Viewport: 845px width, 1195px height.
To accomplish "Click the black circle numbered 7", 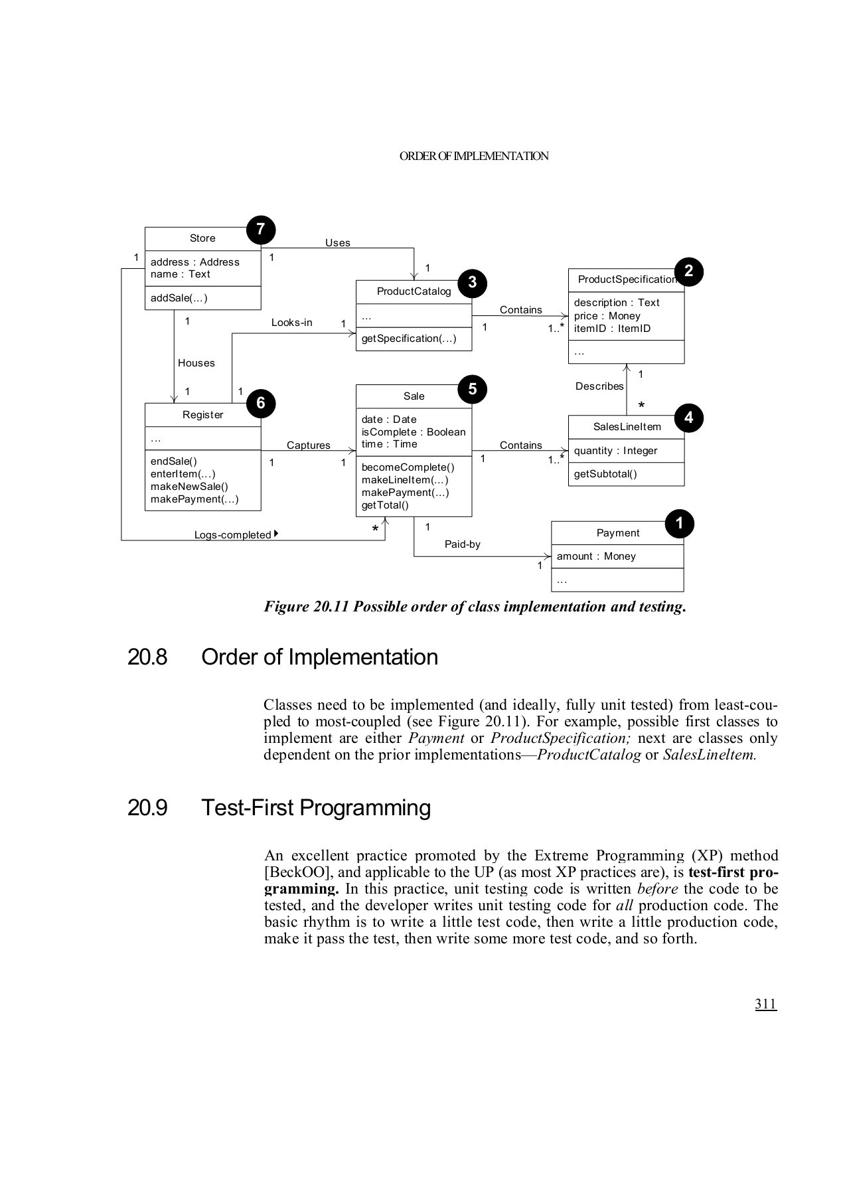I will coord(261,230).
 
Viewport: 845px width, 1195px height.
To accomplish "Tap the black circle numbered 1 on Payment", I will coord(679,523).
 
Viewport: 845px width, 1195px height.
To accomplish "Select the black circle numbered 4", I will coord(688,418).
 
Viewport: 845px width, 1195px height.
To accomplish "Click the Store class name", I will coord(202,238).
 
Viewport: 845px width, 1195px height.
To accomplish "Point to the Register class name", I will coord(202,415).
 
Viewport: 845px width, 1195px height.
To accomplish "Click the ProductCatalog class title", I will coord(414,291).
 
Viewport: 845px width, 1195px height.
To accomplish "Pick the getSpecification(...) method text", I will coord(409,339).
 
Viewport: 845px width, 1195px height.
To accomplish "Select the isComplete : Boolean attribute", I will coord(414,432).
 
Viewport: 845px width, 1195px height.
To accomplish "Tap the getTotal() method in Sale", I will coord(385,505).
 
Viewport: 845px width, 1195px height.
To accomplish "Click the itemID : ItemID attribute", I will coord(612,329).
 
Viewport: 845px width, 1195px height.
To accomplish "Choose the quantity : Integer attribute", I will coord(615,451).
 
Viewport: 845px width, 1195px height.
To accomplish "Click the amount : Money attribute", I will coord(596,556).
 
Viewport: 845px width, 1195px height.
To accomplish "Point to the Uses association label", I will coord(337,243).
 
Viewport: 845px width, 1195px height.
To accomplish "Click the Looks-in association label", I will coord(291,323).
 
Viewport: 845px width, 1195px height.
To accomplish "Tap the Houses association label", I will coord(196,363).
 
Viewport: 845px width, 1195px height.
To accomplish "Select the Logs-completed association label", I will coord(233,535).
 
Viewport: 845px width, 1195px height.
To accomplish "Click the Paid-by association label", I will coord(462,544).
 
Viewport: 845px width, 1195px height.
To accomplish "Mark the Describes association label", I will coord(599,386).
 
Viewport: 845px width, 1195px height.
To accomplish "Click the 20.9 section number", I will coord(147,808).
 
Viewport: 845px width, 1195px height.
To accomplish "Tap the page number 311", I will coord(765,1004).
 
